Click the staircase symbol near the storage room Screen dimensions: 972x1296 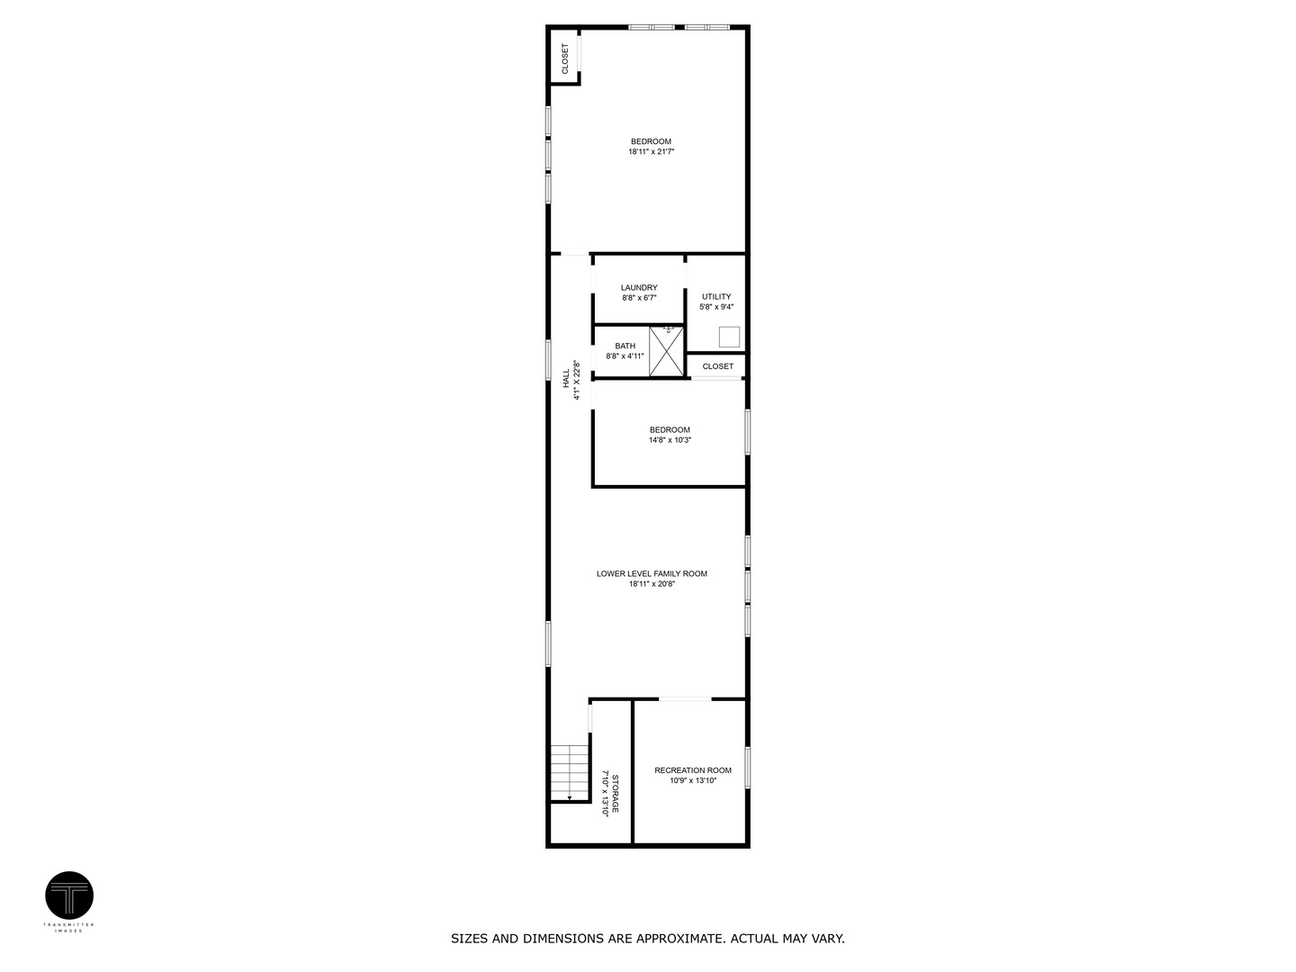[570, 772]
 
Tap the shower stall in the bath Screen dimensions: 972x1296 [667, 352]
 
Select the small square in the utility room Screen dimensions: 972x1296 [729, 337]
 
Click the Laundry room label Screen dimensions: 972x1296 [639, 288]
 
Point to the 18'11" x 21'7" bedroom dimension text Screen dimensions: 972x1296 [651, 153]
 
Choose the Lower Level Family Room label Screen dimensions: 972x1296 [652, 573]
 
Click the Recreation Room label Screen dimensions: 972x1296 [693, 770]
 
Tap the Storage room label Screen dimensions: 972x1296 [616, 793]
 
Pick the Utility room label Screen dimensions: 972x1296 [716, 296]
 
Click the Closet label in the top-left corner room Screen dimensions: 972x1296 [565, 58]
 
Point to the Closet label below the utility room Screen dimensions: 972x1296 [717, 366]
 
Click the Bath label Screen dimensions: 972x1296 [625, 346]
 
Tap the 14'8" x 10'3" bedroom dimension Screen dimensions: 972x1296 [670, 441]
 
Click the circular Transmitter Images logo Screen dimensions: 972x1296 [69, 895]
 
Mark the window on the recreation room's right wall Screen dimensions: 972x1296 [748, 768]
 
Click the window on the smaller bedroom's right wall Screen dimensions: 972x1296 [747, 432]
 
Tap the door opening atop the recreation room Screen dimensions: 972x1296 [685, 698]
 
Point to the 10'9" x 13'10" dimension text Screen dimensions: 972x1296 [693, 781]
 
